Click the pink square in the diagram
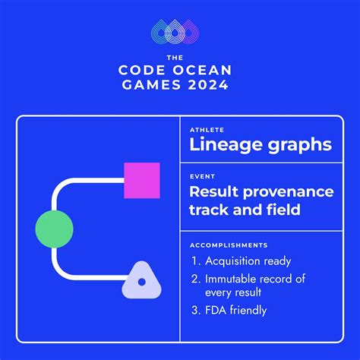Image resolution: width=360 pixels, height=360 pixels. coord(142,181)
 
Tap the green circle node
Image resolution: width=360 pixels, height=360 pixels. coord(54,228)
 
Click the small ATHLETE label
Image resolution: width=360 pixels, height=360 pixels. coord(207,130)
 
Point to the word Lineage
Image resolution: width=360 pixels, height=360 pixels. coord(223,145)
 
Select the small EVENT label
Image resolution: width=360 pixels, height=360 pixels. coord(202,176)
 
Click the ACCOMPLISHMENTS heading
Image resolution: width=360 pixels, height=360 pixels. coord(228,245)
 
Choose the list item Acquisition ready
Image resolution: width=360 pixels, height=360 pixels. coord(248,262)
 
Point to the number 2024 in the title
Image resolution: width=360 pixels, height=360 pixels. coord(204,85)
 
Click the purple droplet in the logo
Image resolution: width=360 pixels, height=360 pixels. coord(193,30)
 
